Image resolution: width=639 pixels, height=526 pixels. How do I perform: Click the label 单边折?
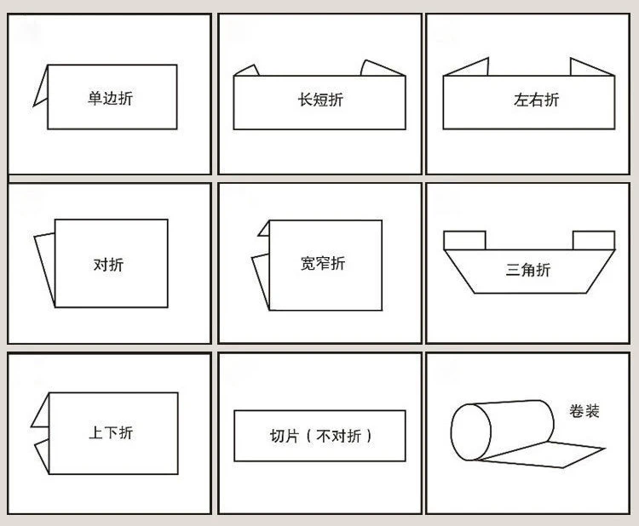tap(111, 98)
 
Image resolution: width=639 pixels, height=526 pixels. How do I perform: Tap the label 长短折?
tap(320, 100)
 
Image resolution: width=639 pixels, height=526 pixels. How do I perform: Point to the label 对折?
tap(109, 265)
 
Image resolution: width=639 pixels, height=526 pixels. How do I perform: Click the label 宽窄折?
tap(323, 263)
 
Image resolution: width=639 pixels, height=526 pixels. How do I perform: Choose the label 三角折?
tap(528, 270)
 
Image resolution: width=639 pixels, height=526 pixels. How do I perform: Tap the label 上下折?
tap(111, 432)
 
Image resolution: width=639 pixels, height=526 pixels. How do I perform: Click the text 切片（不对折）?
tap(320, 436)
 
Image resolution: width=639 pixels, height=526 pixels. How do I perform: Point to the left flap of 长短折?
tap(248, 71)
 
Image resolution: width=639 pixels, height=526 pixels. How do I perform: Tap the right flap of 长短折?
tap(378, 68)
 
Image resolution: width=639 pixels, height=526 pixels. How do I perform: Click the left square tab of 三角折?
tap(464, 240)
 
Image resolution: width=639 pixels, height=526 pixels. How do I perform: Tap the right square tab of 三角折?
tap(594, 240)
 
